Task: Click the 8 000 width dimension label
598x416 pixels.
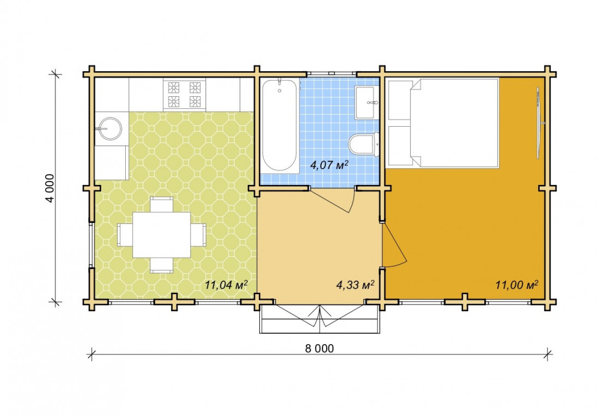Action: (319, 348)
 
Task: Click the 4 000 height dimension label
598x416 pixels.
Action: (50, 188)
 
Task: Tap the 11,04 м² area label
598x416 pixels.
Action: (226, 284)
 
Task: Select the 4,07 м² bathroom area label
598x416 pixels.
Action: (329, 165)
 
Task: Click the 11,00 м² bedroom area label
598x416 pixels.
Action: (517, 284)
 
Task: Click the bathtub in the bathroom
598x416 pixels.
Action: (279, 125)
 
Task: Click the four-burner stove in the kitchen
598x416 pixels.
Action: (185, 95)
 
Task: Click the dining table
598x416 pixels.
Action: (162, 235)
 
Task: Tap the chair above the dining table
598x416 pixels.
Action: (162, 204)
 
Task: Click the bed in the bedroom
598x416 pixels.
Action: (443, 123)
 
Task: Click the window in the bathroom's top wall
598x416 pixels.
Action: (332, 73)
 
